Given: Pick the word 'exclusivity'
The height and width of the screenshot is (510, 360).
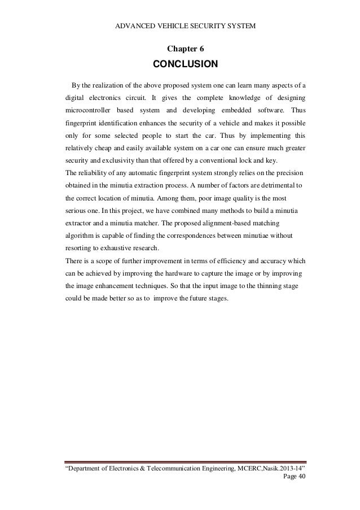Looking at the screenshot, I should [x=117, y=160].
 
